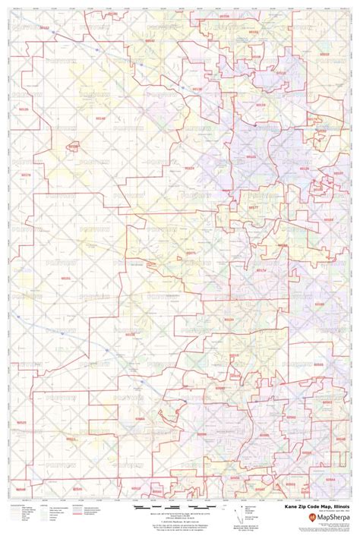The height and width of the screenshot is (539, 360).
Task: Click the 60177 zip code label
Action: tap(255, 205)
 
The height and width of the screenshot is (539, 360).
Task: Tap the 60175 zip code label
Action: tap(191, 254)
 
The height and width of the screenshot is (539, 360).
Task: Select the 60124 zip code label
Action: tap(189, 168)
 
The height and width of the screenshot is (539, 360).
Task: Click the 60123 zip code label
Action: tap(251, 157)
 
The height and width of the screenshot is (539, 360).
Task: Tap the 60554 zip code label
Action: tap(141, 418)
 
